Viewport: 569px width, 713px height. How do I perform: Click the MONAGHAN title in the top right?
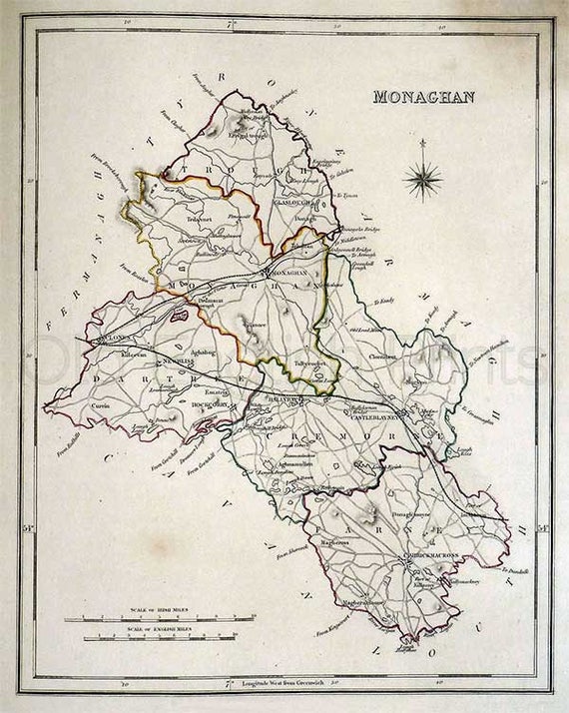click(423, 97)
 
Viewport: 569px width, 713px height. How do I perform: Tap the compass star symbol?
click(425, 180)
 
